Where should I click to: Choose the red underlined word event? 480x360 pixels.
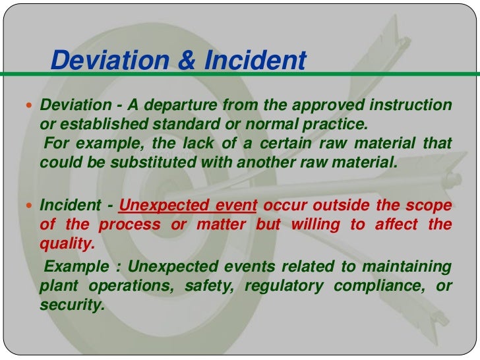tap(235, 205)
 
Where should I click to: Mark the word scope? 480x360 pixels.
tap(431, 205)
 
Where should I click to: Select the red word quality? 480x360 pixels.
tap(67, 243)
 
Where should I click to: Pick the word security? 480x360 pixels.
tap(72, 305)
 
